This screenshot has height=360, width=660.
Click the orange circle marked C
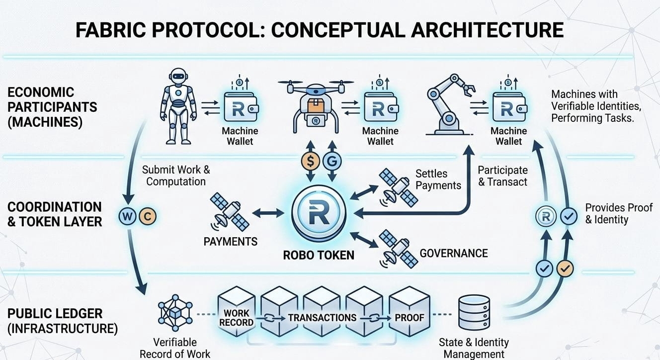tap(147, 217)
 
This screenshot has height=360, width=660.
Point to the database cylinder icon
tap(474, 312)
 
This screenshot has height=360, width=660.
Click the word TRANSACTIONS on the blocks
tap(322, 318)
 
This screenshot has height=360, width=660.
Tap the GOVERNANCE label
tap(454, 253)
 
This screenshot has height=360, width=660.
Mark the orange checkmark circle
tap(565, 269)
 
